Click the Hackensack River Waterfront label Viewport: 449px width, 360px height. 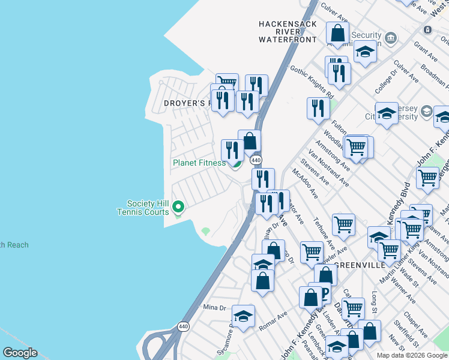tap(287, 32)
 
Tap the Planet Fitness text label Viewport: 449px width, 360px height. tap(199, 163)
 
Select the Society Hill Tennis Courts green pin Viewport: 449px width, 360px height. tap(178, 207)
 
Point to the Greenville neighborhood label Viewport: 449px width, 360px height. tap(357, 265)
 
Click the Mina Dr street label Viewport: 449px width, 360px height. tap(214, 307)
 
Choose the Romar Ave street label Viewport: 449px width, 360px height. tap(273, 322)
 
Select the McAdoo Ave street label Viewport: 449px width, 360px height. tap(306, 183)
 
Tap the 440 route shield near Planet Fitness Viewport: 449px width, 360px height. tap(256, 160)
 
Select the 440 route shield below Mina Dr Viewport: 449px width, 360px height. tap(183, 326)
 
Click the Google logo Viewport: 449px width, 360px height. tap(19, 353)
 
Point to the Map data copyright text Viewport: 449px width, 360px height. tap(412, 355)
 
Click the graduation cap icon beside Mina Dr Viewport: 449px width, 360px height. tap(243, 316)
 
